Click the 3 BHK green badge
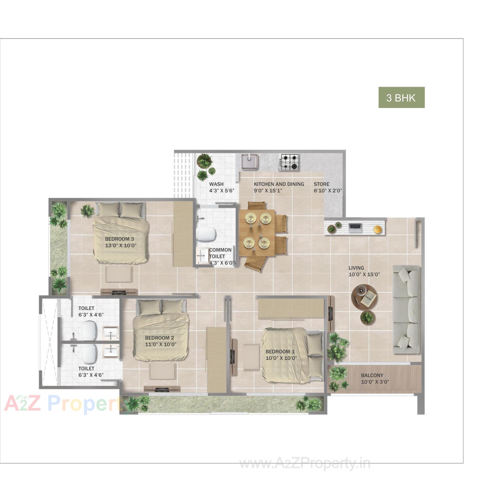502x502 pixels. click(x=401, y=98)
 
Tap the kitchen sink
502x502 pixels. click(x=250, y=161)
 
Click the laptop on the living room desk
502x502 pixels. click(x=355, y=228)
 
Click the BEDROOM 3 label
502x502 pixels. click(x=119, y=239)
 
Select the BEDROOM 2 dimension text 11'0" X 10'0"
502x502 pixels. click(x=161, y=345)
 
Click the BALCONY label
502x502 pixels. click(x=372, y=375)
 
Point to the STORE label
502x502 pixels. click(x=321, y=184)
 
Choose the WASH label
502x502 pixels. click(x=216, y=184)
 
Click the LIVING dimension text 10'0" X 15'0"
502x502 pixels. click(x=364, y=275)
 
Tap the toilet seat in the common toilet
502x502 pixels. click(x=206, y=234)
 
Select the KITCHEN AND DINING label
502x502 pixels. click(x=279, y=184)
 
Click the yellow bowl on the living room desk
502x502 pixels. click(x=377, y=229)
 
